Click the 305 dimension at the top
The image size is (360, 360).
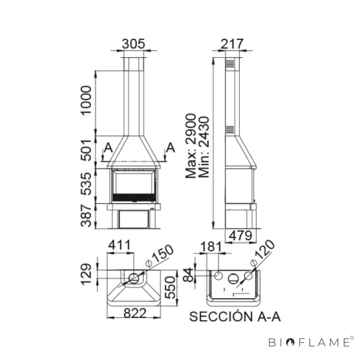coord(133,44)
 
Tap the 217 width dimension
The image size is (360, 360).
coord(232,44)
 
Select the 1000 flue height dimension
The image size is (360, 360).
coord(86,101)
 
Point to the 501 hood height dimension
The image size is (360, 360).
coord(86,150)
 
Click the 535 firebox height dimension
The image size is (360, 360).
coord(86,184)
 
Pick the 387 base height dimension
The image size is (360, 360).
coord(86,216)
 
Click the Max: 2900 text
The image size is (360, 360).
coord(191,146)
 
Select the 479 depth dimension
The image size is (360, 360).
coord(241,236)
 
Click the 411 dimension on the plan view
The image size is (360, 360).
coord(119,245)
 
